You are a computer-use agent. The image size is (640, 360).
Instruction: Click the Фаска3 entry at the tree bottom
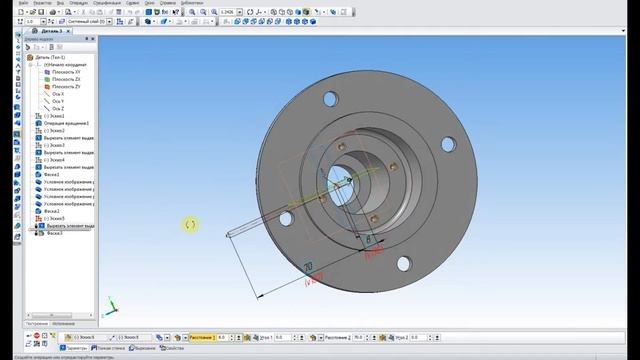(x=53, y=234)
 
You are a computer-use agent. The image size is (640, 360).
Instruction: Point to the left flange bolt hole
(x=286, y=216)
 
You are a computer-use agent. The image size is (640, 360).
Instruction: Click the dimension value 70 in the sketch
(x=308, y=266)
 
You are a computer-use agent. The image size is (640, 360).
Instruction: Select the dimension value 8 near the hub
(x=369, y=242)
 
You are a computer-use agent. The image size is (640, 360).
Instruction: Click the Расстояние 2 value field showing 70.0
(x=362, y=338)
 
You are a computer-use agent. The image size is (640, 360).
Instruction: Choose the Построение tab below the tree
(x=36, y=324)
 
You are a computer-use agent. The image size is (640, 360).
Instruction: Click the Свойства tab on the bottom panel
(x=172, y=348)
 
